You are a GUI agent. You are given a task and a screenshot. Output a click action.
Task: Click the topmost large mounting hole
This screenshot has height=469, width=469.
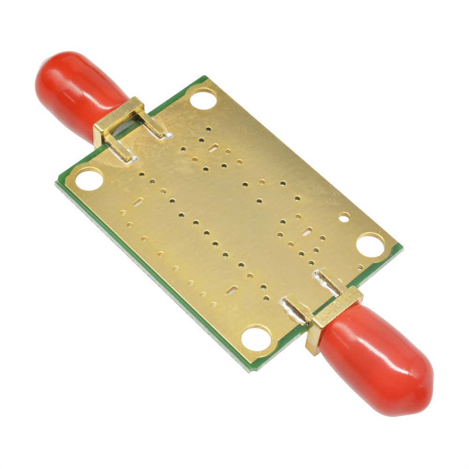pos(204,98)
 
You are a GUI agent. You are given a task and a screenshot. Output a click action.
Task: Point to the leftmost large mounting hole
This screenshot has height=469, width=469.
pos(89,179)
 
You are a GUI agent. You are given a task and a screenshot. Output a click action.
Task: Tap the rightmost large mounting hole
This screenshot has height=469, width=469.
pos(371,244)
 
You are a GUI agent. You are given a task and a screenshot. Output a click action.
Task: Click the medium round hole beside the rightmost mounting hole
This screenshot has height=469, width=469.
pos(345,217)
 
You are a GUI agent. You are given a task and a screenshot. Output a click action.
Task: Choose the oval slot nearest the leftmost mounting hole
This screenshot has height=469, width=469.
pos(137,203)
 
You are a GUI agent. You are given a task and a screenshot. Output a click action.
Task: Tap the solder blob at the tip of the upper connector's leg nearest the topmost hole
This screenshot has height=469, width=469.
pos(166,136)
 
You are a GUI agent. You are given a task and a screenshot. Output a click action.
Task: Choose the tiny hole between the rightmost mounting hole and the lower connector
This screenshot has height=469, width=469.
pos(360,268)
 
